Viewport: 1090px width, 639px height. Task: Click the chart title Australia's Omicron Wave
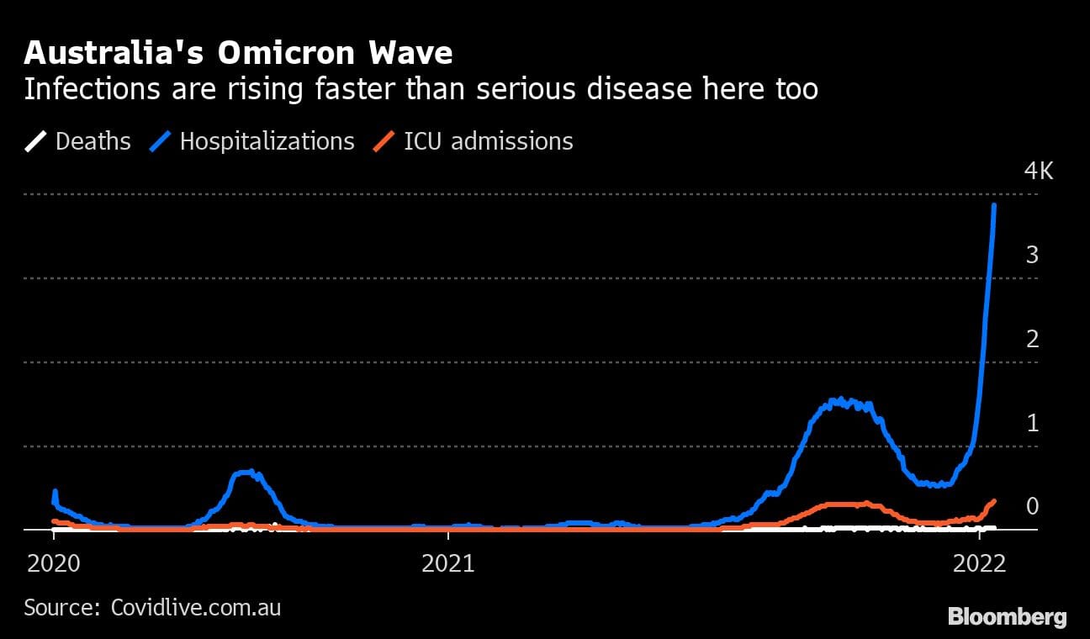tap(238, 53)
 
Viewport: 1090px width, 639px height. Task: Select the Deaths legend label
tap(93, 141)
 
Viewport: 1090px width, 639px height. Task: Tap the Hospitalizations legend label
tap(267, 141)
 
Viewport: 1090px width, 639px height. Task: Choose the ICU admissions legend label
tap(489, 141)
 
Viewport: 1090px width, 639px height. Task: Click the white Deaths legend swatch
tap(36, 141)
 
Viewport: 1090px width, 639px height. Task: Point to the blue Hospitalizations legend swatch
tap(161, 141)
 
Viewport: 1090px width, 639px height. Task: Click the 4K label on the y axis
tap(1038, 172)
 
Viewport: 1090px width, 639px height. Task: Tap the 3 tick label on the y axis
tap(1032, 255)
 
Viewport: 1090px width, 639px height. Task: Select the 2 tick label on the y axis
tap(1032, 339)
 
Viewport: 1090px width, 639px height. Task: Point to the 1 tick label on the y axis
tap(1032, 423)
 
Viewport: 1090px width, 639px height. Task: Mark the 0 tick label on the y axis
tap(1032, 506)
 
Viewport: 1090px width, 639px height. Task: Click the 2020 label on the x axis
tap(54, 562)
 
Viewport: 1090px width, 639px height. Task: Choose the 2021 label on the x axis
tap(449, 562)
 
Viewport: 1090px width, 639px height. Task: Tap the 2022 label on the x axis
tap(981, 562)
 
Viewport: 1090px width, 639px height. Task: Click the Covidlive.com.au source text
tap(196, 607)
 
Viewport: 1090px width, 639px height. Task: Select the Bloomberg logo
tap(1008, 617)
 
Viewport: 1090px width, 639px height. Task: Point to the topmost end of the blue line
tap(995, 204)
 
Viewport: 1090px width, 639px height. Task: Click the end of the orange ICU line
tap(994, 501)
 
